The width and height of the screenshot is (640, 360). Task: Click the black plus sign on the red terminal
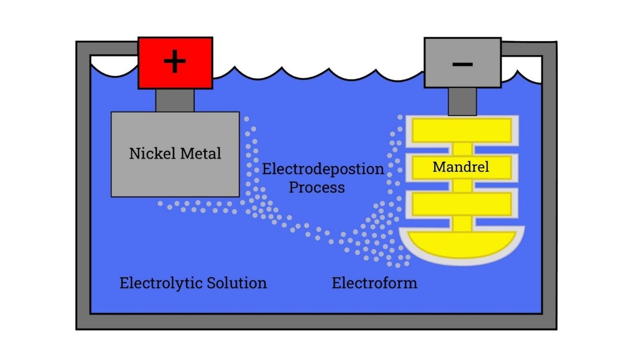[x=175, y=62]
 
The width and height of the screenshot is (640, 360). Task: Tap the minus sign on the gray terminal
[x=462, y=64]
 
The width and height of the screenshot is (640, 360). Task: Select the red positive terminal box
[x=155, y=75]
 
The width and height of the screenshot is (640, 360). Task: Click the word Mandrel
[x=461, y=167]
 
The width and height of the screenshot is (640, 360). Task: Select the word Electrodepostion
[x=323, y=170]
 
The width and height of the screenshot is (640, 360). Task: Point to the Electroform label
[x=374, y=283]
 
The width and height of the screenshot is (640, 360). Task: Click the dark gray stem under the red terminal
[x=175, y=100]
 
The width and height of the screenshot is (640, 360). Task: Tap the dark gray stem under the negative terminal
[x=462, y=101]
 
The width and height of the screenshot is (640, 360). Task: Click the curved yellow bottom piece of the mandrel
[x=462, y=246]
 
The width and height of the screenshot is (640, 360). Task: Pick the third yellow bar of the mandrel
[x=462, y=204]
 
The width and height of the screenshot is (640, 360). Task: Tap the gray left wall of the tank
[x=83, y=187]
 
